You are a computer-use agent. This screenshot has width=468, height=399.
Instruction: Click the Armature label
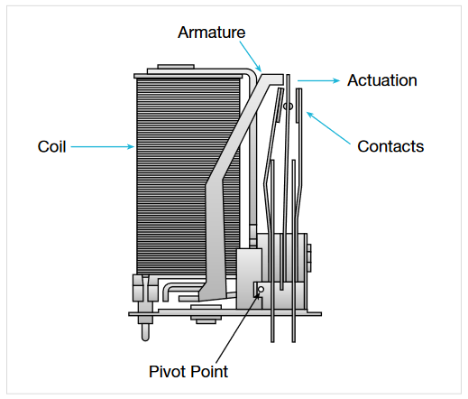[211, 32]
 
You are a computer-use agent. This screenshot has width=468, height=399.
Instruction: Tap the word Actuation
[382, 80]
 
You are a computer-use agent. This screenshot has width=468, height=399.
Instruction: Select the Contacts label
[390, 146]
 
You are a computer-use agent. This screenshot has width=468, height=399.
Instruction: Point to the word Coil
[51, 146]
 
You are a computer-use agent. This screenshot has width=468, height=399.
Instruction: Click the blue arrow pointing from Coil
[103, 147]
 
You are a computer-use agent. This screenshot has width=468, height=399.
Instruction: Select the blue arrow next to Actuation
[318, 80]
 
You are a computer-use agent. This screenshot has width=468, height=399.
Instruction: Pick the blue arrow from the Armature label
[251, 57]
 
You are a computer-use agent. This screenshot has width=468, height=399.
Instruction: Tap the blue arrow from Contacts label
[328, 128]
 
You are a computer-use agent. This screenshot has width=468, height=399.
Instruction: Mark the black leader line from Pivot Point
[237, 328]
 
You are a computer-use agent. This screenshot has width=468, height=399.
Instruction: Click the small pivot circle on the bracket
[261, 290]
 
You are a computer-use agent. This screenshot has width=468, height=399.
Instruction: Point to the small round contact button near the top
[288, 107]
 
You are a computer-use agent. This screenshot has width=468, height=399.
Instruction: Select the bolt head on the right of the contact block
[309, 258]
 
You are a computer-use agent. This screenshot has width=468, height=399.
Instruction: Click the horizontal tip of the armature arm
[272, 79]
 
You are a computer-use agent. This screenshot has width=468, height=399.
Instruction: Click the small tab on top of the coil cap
[176, 67]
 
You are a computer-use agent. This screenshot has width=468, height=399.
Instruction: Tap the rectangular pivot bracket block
[249, 278]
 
